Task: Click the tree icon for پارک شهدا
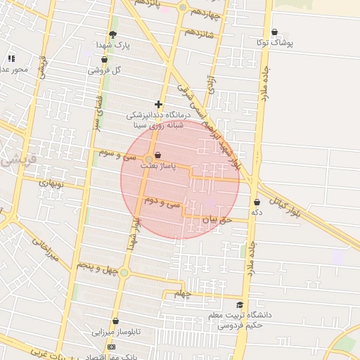113,34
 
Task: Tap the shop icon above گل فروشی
104,60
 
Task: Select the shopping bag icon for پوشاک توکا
274,32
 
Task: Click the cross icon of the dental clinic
159,104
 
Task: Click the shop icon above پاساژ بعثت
157,155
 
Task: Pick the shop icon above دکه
257,202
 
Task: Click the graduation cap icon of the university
240,305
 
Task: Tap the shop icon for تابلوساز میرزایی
115,320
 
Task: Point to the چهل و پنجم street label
93,266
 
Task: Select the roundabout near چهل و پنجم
124,273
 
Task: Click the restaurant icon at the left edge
11,58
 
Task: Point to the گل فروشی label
105,70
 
